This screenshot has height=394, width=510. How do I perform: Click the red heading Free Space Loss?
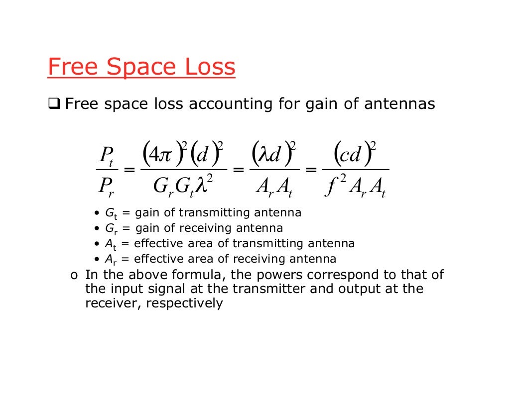(x=141, y=67)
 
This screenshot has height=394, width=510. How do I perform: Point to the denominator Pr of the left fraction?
(x=107, y=188)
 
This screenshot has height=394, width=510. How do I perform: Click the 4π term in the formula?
(x=164, y=154)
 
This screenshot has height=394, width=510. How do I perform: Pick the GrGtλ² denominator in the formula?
(x=184, y=187)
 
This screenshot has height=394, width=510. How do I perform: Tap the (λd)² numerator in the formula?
(x=274, y=154)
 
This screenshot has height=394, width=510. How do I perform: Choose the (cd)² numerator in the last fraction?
(x=354, y=154)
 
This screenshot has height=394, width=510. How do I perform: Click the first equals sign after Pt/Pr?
(x=129, y=171)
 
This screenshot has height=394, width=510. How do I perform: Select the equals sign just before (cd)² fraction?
(x=311, y=171)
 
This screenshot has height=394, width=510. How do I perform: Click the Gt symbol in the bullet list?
(x=111, y=213)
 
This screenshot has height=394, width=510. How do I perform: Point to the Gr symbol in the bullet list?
(x=111, y=229)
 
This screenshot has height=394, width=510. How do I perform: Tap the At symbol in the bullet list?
(x=110, y=244)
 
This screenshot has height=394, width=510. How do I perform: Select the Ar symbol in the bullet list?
(x=110, y=260)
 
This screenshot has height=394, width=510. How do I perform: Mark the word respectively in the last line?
(x=184, y=303)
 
